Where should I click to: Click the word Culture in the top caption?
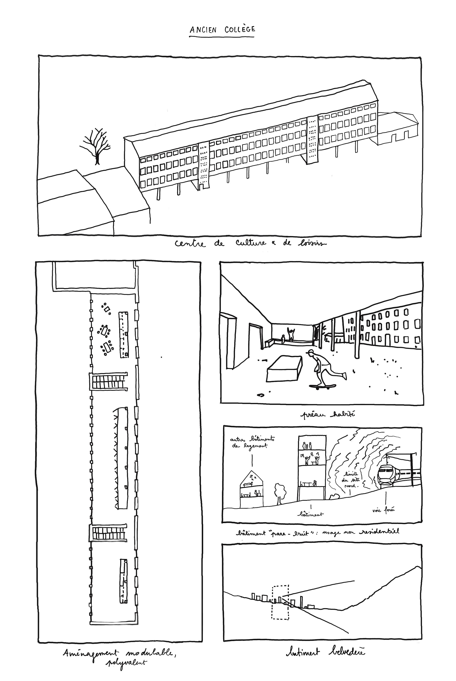pos(251,243)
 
